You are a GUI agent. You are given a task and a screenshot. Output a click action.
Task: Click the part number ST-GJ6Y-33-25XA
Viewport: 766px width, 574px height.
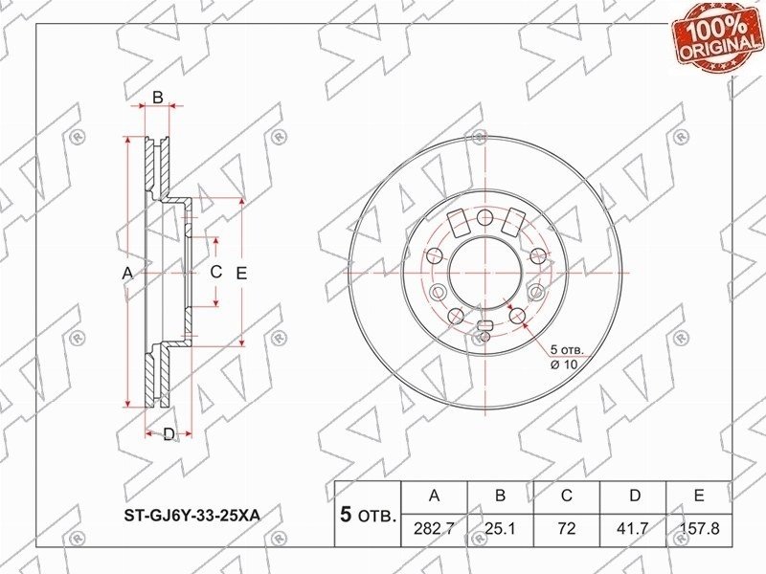coord(191,515)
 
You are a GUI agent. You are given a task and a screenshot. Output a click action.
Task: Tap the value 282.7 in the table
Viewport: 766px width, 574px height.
coord(434,529)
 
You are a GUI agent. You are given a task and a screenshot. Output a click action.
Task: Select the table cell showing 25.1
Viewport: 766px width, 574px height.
coord(500,529)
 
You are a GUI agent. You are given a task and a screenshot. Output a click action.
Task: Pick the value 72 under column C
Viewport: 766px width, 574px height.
coord(567,529)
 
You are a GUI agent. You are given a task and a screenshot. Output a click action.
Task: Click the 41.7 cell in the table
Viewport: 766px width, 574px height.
coord(634,529)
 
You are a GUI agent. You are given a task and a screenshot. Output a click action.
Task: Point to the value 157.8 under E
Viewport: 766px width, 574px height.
coord(699,529)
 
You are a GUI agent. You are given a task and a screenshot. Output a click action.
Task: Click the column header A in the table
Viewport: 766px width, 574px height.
coord(434,496)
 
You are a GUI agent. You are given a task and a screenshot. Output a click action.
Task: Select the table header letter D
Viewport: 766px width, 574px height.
coord(634,496)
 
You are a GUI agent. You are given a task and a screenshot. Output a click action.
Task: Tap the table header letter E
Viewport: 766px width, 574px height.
coord(699,496)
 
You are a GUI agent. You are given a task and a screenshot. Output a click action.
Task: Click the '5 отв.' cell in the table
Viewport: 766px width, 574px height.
coord(368,515)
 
